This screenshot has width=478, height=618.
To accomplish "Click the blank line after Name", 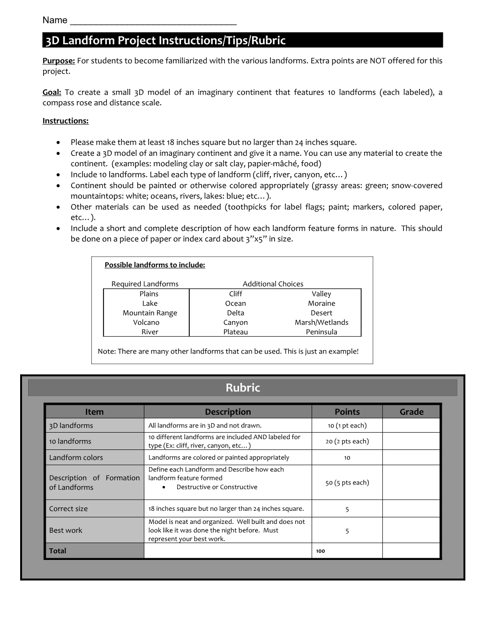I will pyautogui.click(x=153, y=21).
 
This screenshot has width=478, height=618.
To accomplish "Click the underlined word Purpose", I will pyautogui.click(x=59, y=60).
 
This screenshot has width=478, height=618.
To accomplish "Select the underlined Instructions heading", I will pyautogui.click(x=65, y=121).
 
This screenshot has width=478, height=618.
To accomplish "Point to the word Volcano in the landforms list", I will pyautogui.click(x=146, y=322).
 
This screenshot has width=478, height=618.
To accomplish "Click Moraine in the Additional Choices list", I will pyautogui.click(x=321, y=303).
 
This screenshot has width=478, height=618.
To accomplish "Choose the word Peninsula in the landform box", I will pyautogui.click(x=321, y=332).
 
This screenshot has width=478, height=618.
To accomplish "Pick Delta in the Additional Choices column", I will pyautogui.click(x=235, y=313).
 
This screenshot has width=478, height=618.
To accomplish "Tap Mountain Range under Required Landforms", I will pyautogui.click(x=149, y=313).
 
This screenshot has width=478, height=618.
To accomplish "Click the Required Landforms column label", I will pyautogui.click(x=145, y=284).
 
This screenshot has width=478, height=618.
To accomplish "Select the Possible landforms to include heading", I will pyautogui.click(x=155, y=265).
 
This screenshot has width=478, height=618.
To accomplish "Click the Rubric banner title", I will pyautogui.click(x=242, y=388).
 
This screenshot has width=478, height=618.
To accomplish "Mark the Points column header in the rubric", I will pyautogui.click(x=347, y=412).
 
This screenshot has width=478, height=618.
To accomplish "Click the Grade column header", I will pyautogui.click(x=411, y=412).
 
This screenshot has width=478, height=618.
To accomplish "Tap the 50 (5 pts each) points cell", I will pyautogui.click(x=347, y=483).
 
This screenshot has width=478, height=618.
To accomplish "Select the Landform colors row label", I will pyautogui.click(x=76, y=457).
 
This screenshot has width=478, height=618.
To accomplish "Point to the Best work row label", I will pyautogui.click(x=66, y=530).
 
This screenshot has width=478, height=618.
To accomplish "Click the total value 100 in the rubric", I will pyautogui.click(x=320, y=551).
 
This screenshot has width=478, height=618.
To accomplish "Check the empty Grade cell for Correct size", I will pyautogui.click(x=411, y=509).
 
